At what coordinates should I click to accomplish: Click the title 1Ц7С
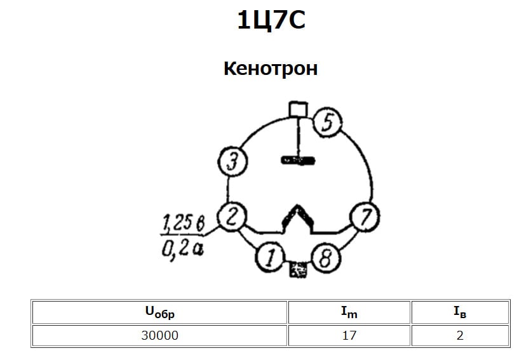271,21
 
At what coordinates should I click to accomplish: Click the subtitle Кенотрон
270,68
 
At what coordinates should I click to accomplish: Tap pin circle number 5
328,123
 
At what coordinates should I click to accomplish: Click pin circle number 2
232,218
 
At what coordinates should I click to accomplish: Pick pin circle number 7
365,217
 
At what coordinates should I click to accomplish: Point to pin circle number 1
270,258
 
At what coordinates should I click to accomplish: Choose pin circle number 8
325,258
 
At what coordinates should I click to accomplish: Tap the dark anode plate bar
297,161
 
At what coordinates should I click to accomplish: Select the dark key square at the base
297,269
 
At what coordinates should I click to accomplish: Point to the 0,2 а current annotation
182,249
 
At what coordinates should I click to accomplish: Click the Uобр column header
159,312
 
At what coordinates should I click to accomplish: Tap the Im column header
349,312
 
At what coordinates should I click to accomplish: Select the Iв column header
460,312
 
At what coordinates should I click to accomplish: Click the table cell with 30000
159,335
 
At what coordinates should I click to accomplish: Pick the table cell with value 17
349,335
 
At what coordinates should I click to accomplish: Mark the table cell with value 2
460,335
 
